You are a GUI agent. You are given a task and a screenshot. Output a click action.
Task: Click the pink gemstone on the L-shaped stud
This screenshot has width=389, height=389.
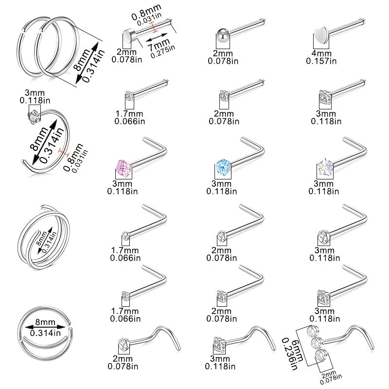(x=124, y=168)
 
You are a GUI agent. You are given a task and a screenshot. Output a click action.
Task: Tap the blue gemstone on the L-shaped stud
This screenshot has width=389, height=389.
(x=223, y=167)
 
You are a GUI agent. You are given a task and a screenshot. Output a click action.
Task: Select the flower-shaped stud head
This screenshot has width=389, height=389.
(x=325, y=167)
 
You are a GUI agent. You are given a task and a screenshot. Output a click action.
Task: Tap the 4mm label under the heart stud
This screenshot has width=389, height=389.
(x=321, y=53)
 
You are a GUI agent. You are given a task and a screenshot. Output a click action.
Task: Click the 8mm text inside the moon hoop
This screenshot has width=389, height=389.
(x=45, y=322)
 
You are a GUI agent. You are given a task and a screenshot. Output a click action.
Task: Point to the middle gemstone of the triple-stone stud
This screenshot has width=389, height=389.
(x=317, y=343)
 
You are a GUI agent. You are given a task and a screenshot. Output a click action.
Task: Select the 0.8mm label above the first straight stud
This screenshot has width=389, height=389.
(x=146, y=12)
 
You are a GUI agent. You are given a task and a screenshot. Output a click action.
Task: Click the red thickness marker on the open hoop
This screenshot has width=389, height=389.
(x=63, y=153)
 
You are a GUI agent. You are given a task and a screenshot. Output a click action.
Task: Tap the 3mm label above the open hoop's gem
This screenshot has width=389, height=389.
(x=35, y=93)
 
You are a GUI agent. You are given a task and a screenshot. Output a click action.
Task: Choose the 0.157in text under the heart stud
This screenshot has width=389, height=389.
(x=321, y=61)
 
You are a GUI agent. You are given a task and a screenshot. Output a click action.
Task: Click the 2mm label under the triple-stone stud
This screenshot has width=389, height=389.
(x=329, y=374)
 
